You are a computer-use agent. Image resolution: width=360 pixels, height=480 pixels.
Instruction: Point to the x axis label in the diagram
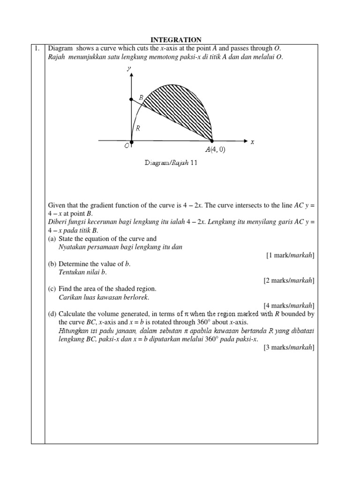pos(252,142)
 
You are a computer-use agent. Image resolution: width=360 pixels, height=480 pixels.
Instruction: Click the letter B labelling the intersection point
pos(141,97)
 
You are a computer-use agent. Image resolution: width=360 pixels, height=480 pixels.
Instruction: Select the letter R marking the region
pos(138,127)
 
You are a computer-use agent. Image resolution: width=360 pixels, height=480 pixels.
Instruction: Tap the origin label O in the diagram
pos(127,146)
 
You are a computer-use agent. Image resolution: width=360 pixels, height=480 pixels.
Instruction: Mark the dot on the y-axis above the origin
pos(131,99)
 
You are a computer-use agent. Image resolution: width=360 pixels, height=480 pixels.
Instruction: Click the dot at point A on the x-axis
pos(212,140)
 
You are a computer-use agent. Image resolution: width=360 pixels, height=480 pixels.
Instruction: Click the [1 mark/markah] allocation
pos(290,255)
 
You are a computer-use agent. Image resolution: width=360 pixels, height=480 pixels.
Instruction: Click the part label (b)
pos(52,264)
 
